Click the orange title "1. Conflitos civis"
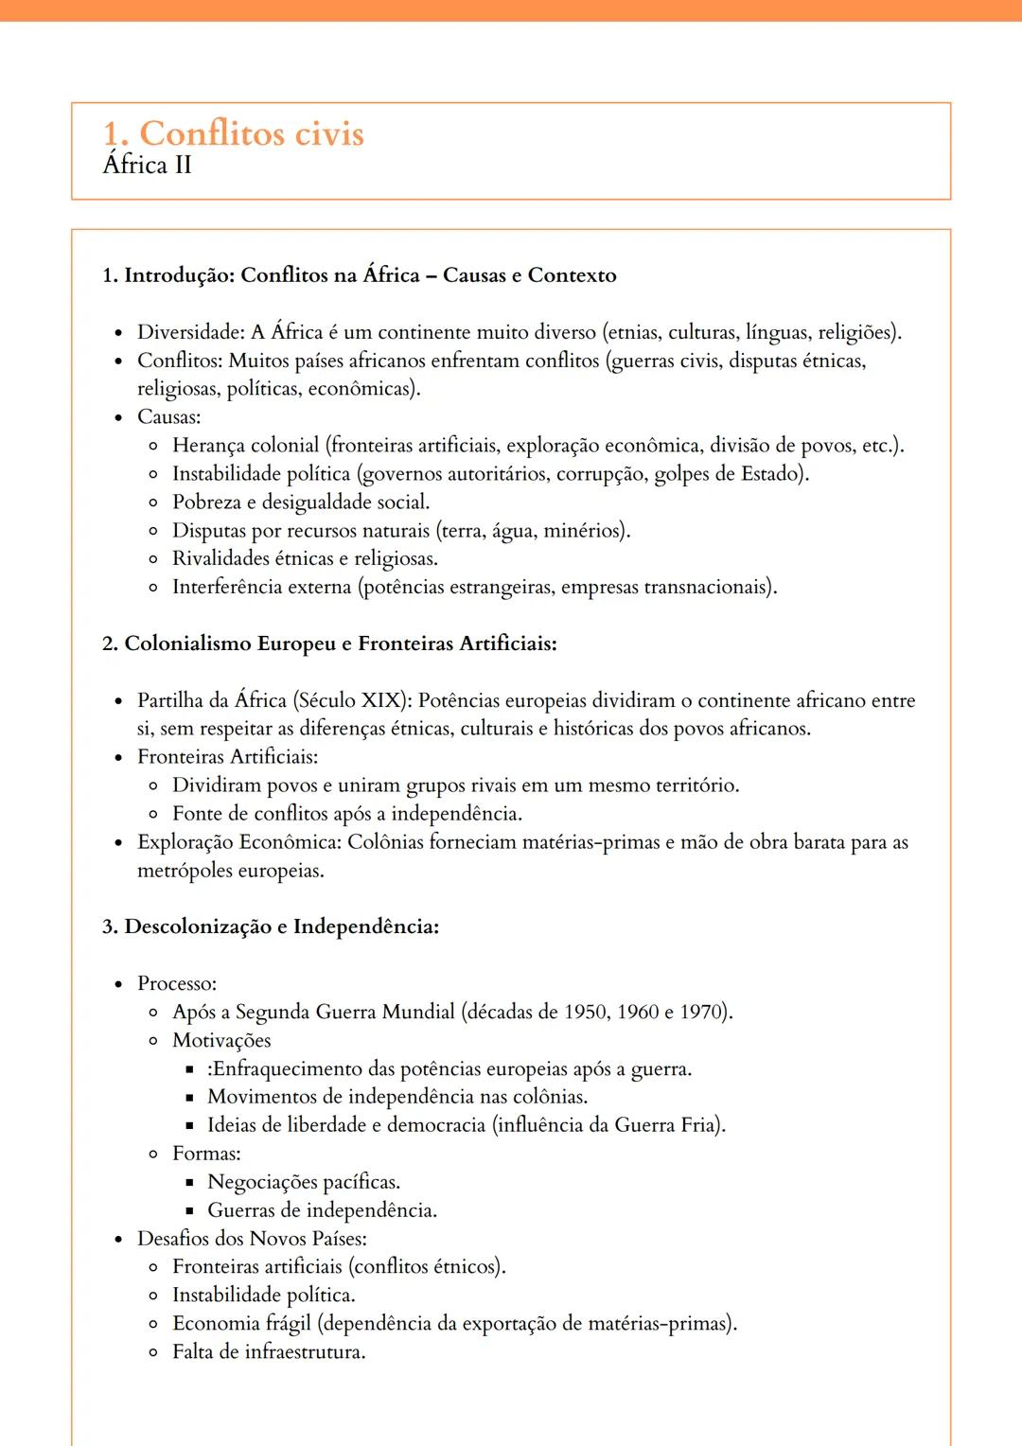point(233,133)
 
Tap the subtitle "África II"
point(148,166)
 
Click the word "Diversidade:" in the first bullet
point(191,332)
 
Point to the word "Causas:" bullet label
point(168,417)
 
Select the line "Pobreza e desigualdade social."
point(300,503)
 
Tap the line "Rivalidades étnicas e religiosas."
point(305,559)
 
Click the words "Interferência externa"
point(261,588)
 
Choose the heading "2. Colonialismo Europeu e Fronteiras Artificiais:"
point(329,644)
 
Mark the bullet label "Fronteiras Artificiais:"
point(227,757)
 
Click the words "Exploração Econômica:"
point(238,842)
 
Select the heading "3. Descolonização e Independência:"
point(271,926)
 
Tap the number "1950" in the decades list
point(585,1012)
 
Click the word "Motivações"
point(221,1040)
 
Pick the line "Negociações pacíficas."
point(304,1182)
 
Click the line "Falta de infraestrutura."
point(269,1351)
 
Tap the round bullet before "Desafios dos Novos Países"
point(118,1240)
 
